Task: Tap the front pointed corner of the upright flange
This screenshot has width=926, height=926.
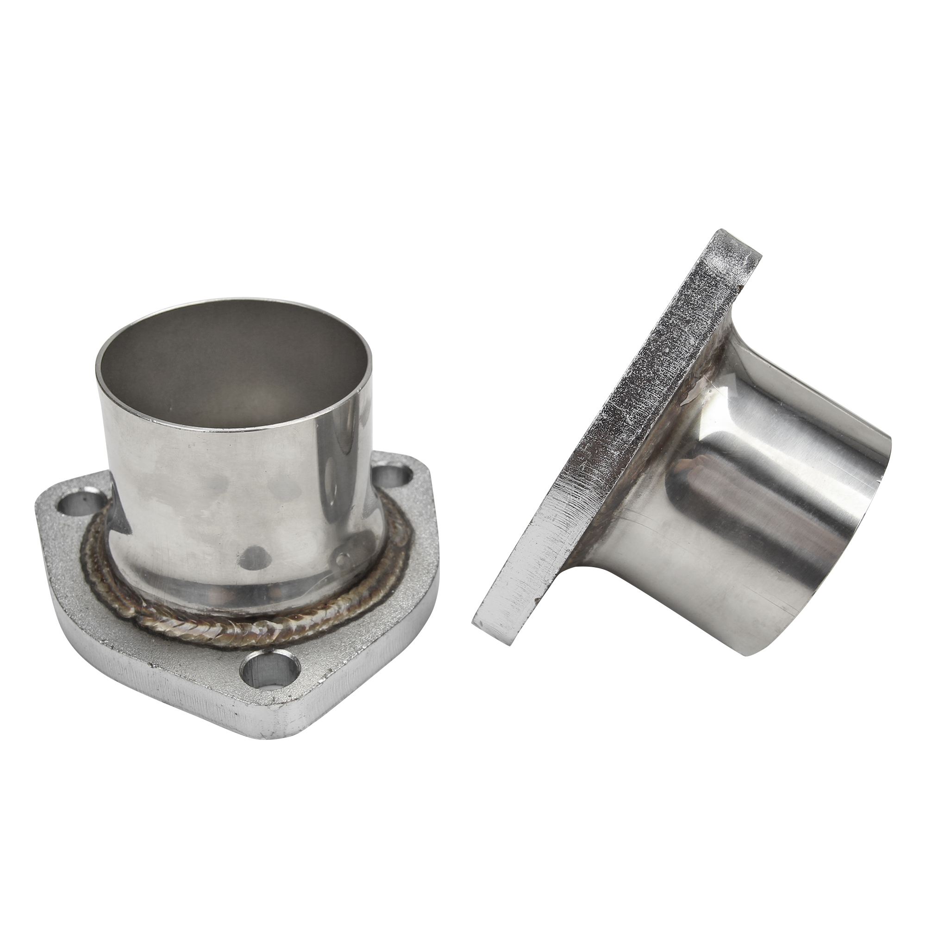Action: (288, 719)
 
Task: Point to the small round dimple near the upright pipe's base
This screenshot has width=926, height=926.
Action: (341, 559)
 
